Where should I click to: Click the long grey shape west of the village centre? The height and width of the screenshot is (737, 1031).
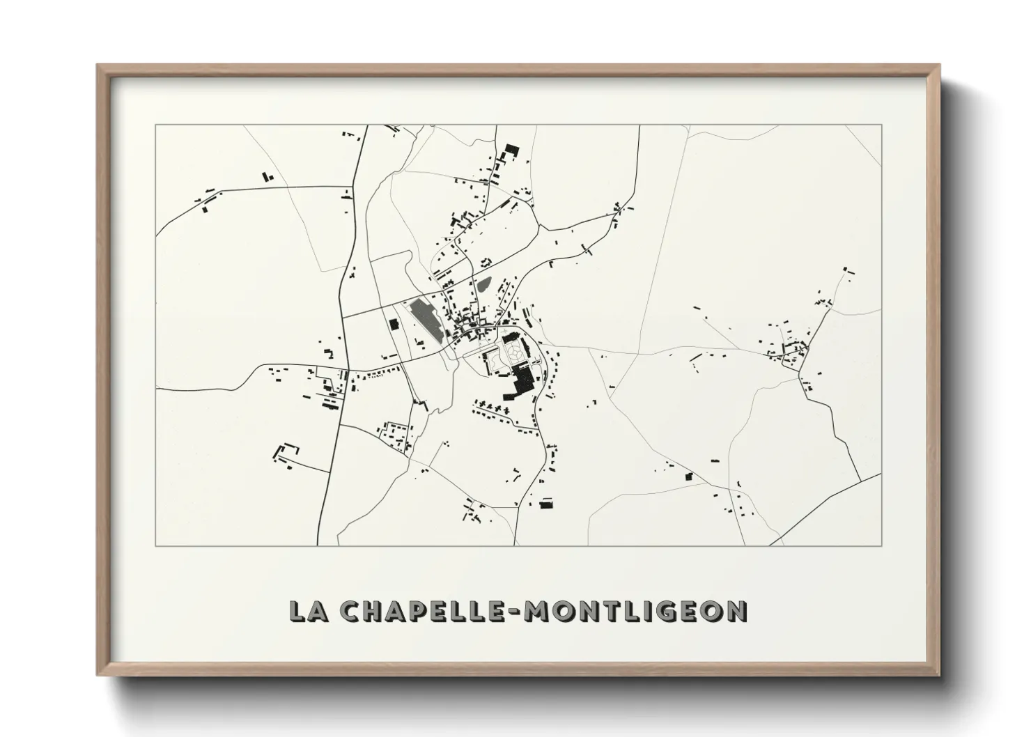click(x=426, y=320)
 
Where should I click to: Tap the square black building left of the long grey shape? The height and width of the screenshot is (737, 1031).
click(x=393, y=324)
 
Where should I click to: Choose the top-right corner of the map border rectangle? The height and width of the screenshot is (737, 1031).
click(x=881, y=125)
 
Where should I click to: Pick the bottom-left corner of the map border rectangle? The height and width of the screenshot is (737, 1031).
click(x=156, y=545)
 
